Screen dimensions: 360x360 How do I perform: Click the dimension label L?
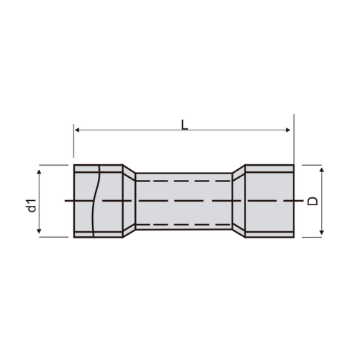point(184,125)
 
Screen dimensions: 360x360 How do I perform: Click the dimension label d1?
point(32,206)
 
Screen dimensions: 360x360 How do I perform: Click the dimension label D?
point(312,201)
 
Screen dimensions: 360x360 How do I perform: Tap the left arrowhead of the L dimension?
point(77,130)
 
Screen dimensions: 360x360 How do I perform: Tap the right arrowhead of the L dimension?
point(288,130)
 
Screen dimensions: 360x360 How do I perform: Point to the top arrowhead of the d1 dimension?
point(39,171)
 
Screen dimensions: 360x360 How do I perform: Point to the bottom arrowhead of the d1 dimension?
point(39,231)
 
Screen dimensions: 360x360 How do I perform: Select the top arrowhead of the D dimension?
point(322,170)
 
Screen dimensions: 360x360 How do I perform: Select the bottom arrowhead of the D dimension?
point(322,233)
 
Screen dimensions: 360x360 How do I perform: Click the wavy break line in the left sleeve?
point(96,201)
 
